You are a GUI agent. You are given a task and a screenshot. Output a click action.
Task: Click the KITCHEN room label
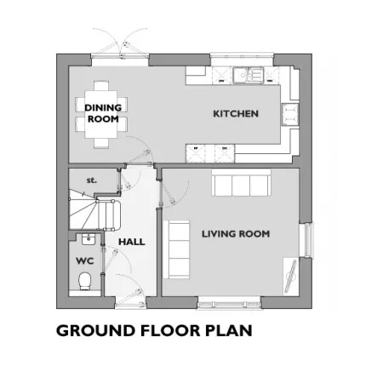[x=236, y=114]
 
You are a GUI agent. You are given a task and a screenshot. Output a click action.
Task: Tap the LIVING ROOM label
[x=236, y=234]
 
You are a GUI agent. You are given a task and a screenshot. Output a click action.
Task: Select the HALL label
[x=132, y=242]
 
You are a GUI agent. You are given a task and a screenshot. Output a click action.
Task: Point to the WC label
[x=85, y=261]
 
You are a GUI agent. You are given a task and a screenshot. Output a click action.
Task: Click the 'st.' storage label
[x=91, y=180]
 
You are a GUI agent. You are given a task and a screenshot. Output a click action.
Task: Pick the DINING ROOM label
[x=103, y=113]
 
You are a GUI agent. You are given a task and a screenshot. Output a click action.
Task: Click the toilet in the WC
[x=84, y=281]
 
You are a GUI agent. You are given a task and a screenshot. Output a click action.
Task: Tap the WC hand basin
[x=89, y=239]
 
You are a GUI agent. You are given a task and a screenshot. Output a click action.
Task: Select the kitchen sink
[x=249, y=75]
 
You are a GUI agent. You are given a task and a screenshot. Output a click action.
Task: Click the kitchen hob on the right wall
[x=290, y=115]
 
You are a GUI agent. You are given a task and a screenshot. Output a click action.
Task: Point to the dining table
[x=101, y=114]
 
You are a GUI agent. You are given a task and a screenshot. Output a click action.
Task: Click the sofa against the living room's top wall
[x=241, y=183]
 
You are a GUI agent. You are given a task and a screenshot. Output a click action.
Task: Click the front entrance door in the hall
[x=130, y=305]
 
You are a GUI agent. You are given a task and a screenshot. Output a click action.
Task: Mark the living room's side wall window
[x=307, y=240]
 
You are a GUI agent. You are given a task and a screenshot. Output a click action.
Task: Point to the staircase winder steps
[x=83, y=210]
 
